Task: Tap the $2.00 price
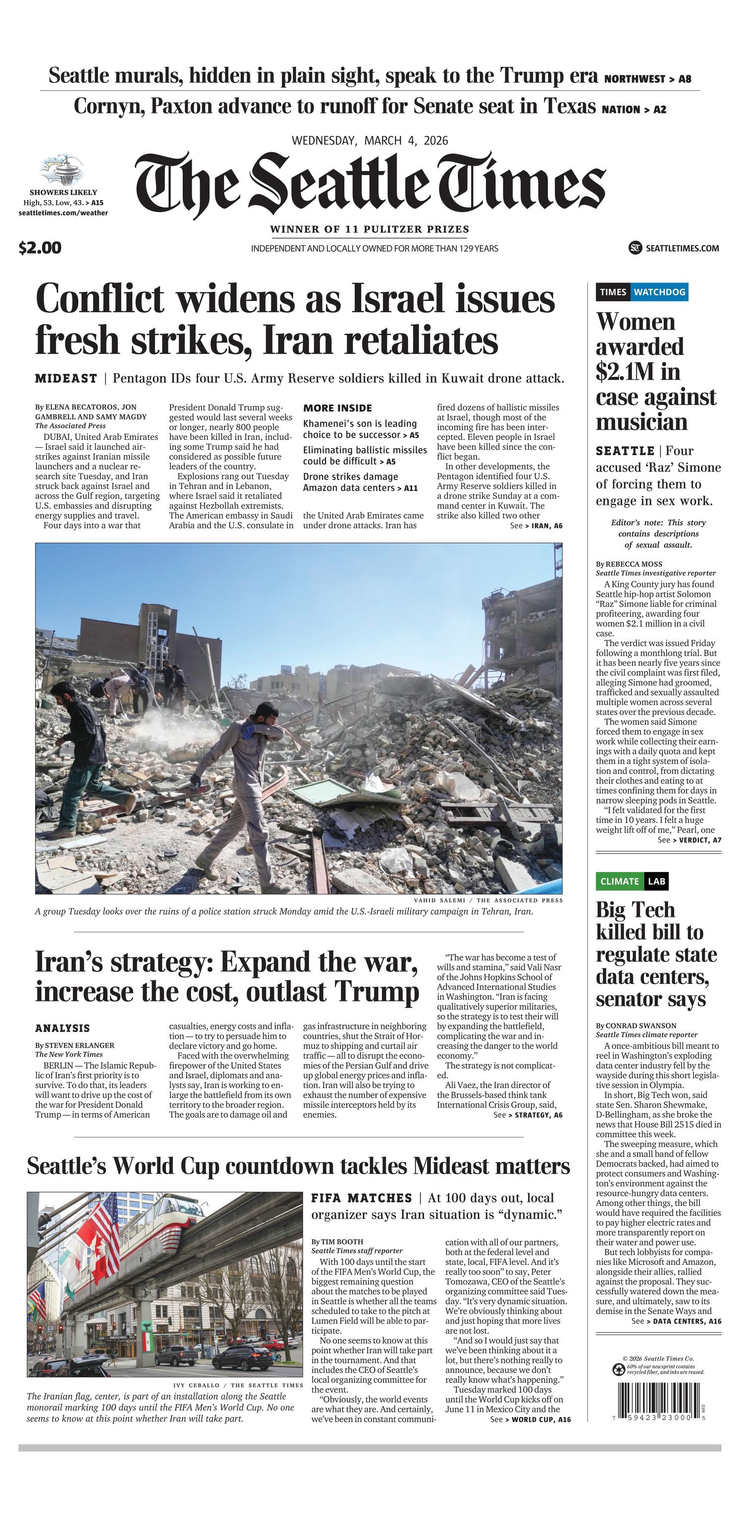coord(40,248)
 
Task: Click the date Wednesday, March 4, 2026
coord(370,141)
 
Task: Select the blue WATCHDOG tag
coord(659,292)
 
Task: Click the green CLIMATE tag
coord(619,881)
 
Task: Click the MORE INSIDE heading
coord(337,408)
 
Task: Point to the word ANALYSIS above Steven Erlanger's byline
coord(62,1028)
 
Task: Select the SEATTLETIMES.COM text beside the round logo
coord(682,248)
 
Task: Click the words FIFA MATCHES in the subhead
coord(361,1198)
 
